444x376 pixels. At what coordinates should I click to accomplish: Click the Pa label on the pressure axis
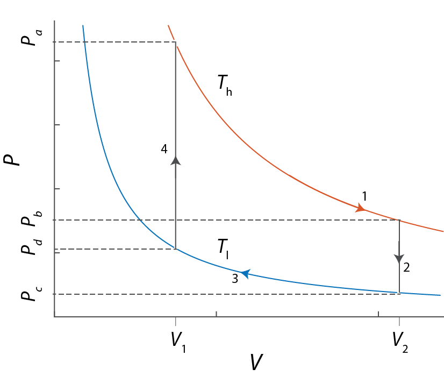[x=28, y=35]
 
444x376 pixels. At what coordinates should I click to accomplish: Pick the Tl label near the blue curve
[x=223, y=248]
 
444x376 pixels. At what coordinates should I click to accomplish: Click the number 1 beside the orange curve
[x=364, y=196]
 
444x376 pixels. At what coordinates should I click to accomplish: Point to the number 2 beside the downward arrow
[x=406, y=267]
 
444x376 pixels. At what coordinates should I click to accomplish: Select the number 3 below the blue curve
[x=234, y=279]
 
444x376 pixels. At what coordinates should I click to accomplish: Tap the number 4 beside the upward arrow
[x=164, y=149]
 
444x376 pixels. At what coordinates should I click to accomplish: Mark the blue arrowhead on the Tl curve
[x=245, y=274]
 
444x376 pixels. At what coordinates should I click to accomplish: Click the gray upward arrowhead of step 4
[x=175, y=160]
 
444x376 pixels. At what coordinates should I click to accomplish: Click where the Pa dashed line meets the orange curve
[x=175, y=42]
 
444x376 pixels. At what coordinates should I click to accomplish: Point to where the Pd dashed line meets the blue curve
[x=175, y=249]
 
